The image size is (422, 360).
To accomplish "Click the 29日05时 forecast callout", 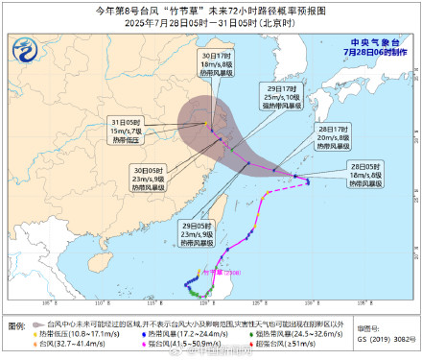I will tap(197, 238).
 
